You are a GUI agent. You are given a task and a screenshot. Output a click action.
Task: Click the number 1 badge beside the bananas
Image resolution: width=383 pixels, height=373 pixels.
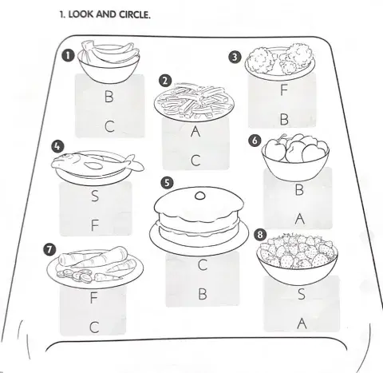(x=68, y=56)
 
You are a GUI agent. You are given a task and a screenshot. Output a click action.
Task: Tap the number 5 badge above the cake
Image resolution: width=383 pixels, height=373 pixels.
(x=167, y=183)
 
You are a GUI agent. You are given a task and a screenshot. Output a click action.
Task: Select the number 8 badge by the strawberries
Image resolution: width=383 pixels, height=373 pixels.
(x=260, y=235)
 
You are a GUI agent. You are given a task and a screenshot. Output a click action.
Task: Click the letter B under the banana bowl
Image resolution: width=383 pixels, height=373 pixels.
(x=109, y=97)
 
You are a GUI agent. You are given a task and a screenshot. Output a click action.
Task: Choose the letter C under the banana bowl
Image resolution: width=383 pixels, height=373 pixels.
(x=109, y=126)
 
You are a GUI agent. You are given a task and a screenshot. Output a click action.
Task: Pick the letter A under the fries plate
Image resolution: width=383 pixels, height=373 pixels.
(x=195, y=131)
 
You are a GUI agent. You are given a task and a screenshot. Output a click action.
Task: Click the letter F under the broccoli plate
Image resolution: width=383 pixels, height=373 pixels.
(x=284, y=89)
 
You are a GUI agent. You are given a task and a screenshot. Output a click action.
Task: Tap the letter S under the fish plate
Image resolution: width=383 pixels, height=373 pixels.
(x=95, y=196)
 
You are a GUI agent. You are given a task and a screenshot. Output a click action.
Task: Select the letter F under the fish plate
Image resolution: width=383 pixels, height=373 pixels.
(x=95, y=225)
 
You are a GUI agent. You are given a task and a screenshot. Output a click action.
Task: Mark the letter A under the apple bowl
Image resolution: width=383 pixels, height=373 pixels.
(x=300, y=219)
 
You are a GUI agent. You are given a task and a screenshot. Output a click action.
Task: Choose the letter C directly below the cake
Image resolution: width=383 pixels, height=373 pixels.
(x=203, y=264)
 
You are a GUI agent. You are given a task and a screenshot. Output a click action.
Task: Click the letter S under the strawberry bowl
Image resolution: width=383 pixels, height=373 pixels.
(x=302, y=294)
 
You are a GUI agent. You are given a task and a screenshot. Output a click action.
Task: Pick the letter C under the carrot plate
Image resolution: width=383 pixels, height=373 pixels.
(x=94, y=327)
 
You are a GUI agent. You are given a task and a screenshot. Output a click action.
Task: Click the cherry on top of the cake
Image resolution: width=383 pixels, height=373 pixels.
(x=200, y=196)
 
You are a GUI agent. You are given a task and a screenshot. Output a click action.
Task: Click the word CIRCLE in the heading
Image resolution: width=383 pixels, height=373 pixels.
(x=135, y=14)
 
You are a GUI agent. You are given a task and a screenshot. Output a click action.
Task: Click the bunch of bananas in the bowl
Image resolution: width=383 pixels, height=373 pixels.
(x=110, y=51)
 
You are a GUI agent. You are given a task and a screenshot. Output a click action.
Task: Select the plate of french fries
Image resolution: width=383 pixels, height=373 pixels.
(x=194, y=102)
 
